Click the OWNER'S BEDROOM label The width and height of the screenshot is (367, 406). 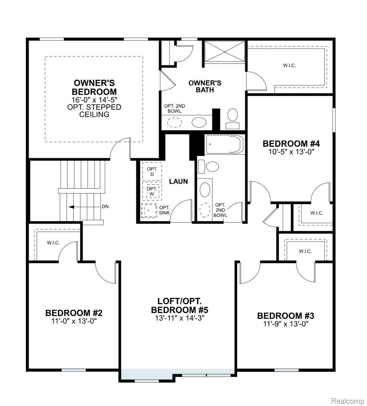(94, 87)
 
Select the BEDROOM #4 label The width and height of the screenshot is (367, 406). (291, 144)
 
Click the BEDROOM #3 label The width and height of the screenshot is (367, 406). (285, 316)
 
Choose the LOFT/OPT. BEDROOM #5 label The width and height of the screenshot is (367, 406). (179, 306)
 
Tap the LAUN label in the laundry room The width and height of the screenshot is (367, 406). (178, 181)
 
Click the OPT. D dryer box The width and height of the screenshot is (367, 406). (152, 172)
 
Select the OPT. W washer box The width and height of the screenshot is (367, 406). (152, 191)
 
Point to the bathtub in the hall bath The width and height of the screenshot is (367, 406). (225, 145)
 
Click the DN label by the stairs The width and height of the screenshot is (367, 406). (105, 206)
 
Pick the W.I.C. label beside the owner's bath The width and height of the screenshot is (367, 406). (289, 65)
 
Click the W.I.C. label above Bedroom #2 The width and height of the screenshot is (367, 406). (53, 242)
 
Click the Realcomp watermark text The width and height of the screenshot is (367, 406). (348, 401)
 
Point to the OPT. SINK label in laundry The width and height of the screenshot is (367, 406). (165, 210)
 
